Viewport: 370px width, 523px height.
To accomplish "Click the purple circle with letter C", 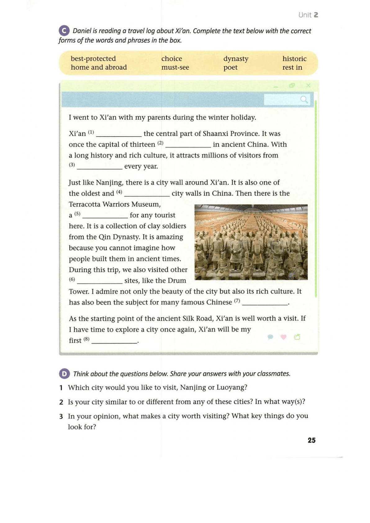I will (x=64, y=31).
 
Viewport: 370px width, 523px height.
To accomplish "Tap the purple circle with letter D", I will (x=64, y=374).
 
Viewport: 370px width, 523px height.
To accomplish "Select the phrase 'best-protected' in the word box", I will (x=93, y=59).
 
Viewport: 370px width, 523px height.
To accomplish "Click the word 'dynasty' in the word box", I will (x=236, y=59).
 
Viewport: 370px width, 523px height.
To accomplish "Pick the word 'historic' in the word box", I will (x=294, y=59).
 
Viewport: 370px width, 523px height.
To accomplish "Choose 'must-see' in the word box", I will (x=175, y=67).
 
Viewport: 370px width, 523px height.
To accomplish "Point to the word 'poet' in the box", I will (x=230, y=67).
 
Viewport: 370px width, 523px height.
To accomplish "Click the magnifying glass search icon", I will (x=304, y=99).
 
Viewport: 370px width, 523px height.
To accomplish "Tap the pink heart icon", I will (x=283, y=337).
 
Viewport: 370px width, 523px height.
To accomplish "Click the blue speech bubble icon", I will (x=270, y=337).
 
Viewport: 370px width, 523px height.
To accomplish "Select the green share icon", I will (x=297, y=337).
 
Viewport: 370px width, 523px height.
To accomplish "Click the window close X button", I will (x=308, y=85).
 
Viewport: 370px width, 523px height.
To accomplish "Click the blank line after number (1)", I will (x=119, y=134).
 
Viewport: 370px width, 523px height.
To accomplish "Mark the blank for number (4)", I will (x=147, y=194).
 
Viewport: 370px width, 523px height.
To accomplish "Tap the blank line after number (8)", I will (x=114, y=341).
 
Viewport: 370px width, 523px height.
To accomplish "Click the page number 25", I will (x=311, y=440).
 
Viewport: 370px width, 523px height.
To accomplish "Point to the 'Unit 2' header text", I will (x=308, y=15).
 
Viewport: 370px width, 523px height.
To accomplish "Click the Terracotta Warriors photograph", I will (x=251, y=242).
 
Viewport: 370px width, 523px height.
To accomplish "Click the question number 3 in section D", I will (x=61, y=416).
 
